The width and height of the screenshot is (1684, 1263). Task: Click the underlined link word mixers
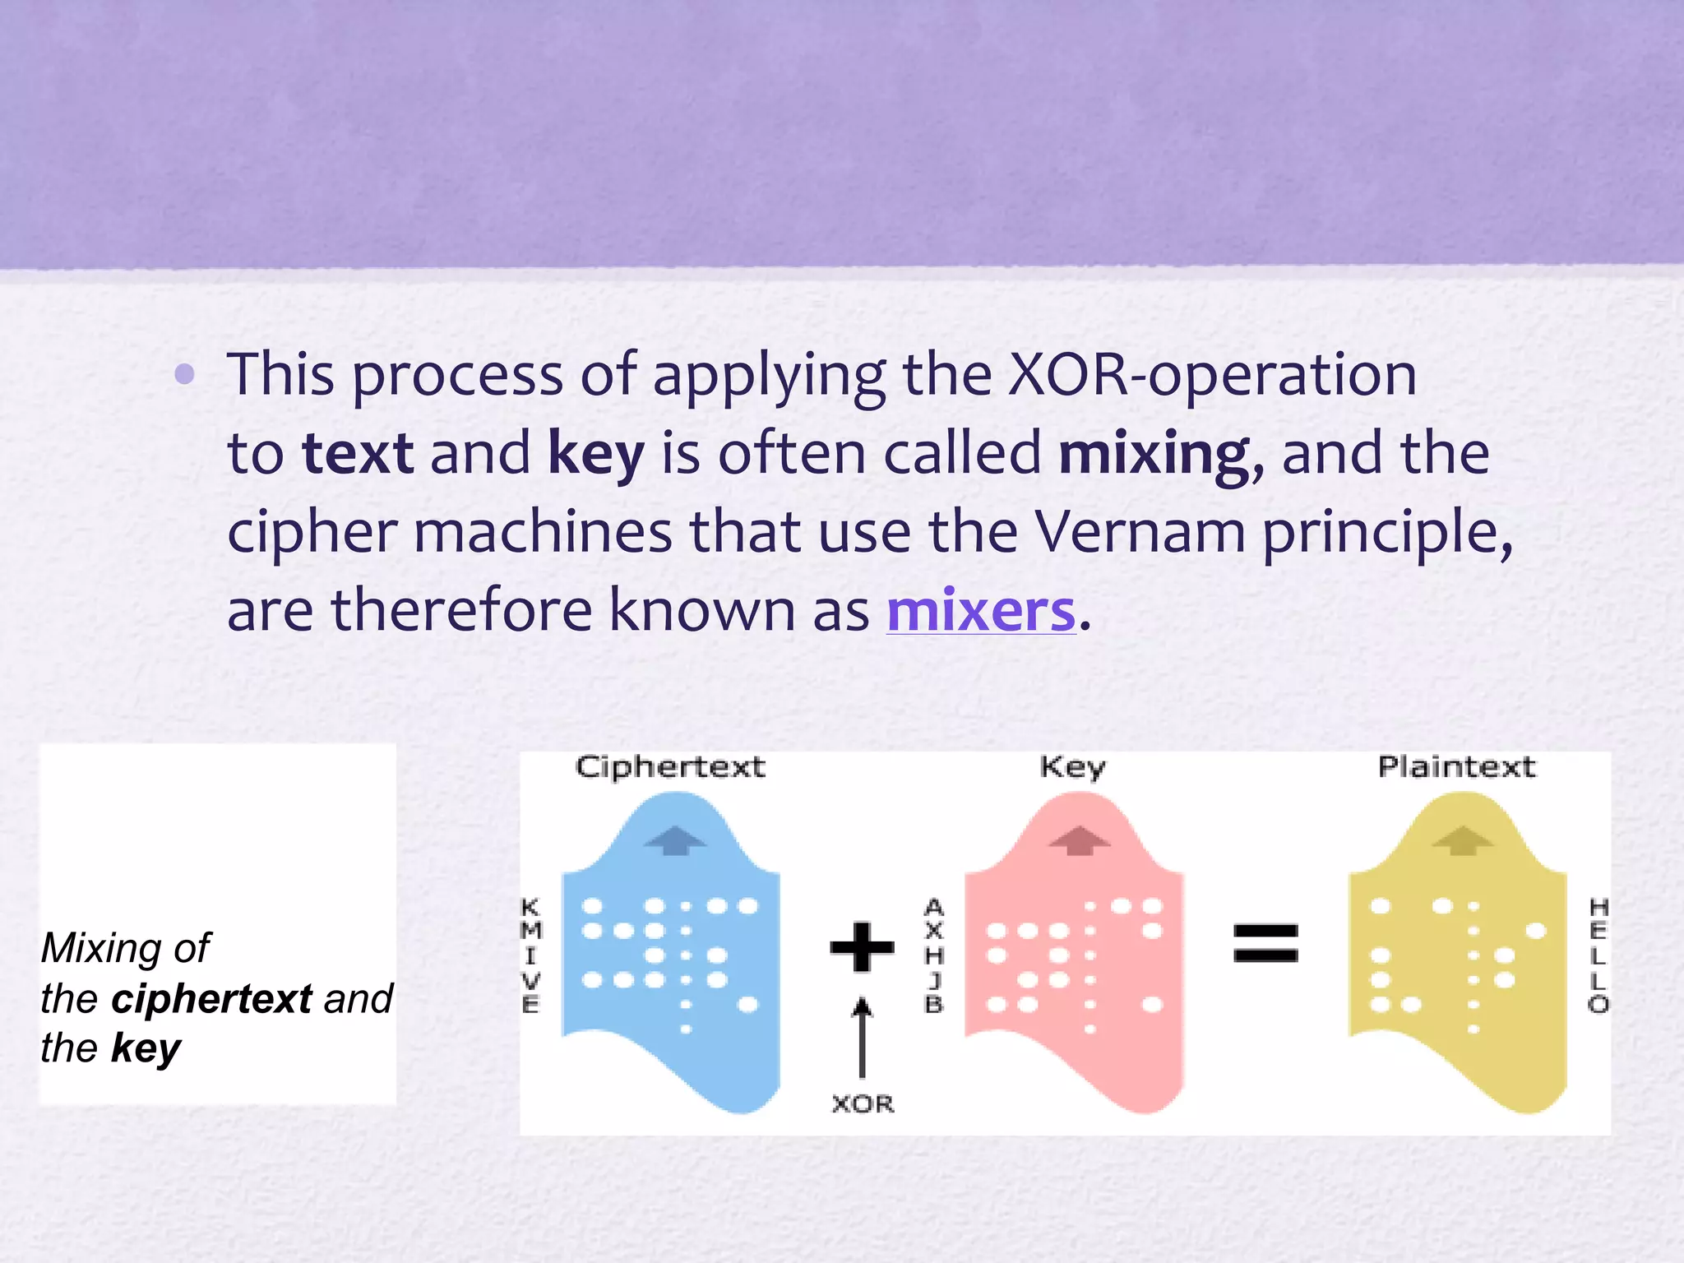tap(980, 611)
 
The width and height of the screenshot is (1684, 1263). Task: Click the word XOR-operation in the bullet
tap(1212, 375)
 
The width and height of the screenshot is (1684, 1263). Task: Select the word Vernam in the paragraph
tap(1139, 532)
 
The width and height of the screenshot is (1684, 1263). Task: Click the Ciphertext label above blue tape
tap(670, 767)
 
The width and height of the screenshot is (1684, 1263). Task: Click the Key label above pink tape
tap(1072, 767)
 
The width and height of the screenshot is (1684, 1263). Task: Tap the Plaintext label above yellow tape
tap(1456, 767)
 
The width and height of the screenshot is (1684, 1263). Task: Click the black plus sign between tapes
tap(862, 946)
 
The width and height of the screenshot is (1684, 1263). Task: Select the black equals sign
tap(1265, 943)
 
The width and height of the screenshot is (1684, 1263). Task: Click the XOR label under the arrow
tap(862, 1103)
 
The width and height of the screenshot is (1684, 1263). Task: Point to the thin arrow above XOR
tap(862, 1036)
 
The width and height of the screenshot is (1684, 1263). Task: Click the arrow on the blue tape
tap(674, 840)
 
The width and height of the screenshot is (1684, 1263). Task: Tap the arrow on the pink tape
tap(1080, 840)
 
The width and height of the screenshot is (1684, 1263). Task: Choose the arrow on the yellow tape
tap(1463, 840)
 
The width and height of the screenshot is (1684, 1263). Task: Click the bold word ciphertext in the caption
tap(211, 999)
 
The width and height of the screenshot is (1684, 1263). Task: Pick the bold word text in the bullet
tap(358, 454)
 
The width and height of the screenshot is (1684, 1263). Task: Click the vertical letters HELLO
tap(1598, 955)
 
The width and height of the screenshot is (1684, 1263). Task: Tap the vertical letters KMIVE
tap(531, 955)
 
